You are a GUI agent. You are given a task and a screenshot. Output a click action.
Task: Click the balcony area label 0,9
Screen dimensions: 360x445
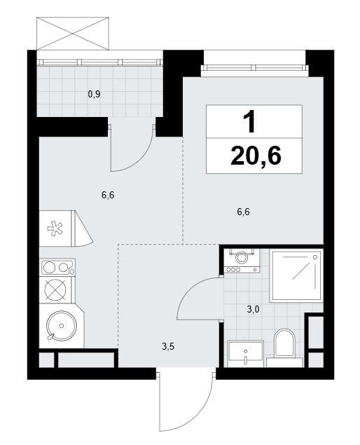(x=94, y=94)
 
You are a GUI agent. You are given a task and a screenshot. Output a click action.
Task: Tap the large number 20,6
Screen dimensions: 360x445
(x=256, y=156)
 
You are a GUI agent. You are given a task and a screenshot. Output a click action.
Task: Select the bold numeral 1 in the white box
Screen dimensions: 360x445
(x=250, y=121)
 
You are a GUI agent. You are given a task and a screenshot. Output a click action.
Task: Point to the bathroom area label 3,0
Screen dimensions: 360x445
(x=253, y=309)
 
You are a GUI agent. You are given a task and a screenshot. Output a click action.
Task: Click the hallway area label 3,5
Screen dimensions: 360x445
(x=168, y=346)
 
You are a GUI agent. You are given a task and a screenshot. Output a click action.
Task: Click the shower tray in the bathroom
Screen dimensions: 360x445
(x=296, y=275)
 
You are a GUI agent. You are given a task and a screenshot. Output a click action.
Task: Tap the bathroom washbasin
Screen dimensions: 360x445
(x=246, y=354)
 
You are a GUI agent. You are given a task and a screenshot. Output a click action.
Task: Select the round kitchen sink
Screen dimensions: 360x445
(x=61, y=326)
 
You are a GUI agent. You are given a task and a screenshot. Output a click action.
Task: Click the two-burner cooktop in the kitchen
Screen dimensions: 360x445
(x=57, y=267)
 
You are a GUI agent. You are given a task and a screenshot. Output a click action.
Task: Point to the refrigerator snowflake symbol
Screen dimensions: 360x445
(x=55, y=229)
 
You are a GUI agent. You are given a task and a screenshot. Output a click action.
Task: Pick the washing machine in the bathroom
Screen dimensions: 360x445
(x=242, y=261)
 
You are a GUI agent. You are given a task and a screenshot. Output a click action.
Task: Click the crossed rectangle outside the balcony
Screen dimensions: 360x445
(x=73, y=34)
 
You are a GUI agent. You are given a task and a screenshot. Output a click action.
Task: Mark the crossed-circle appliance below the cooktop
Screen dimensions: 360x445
(x=56, y=290)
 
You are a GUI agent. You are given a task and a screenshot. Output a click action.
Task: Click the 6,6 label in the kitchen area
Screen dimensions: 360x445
(x=108, y=196)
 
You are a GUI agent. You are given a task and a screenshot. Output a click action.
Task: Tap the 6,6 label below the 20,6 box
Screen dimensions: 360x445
(x=244, y=212)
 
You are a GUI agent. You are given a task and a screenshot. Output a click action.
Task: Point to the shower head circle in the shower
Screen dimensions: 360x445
(x=315, y=256)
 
